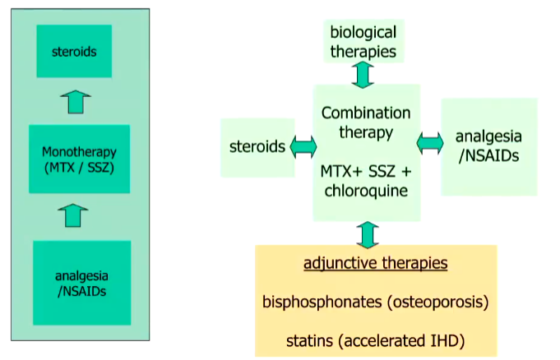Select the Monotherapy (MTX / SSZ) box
(79, 159)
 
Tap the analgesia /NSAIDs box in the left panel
(81, 282)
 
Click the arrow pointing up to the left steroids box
(76, 102)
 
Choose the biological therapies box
(363, 42)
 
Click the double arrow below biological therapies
(363, 74)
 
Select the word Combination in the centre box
(367, 113)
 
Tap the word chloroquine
(367, 191)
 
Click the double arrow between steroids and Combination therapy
(303, 147)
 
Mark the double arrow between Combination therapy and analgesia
(430, 144)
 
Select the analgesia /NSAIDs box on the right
(488, 146)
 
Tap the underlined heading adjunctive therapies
(375, 263)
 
